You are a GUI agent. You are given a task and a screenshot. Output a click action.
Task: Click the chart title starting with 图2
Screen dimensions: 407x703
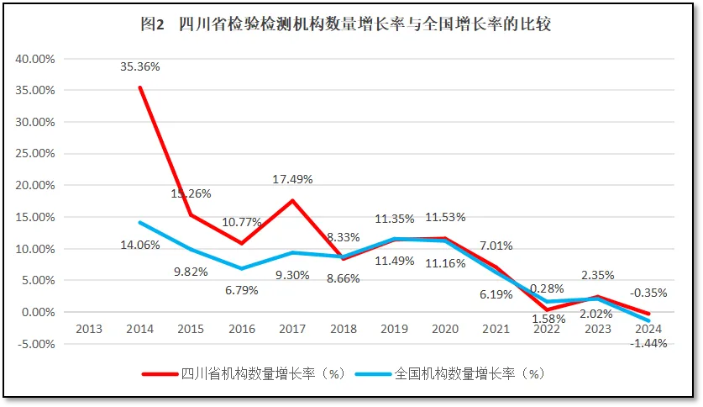pyautogui.click(x=345, y=25)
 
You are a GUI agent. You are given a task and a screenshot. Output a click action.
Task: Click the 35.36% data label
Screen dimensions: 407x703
pyautogui.click(x=140, y=66)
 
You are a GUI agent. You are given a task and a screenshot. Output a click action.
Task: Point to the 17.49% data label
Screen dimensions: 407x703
pyautogui.click(x=293, y=179)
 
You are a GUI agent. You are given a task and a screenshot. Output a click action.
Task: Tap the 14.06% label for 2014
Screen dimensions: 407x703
pyautogui.click(x=140, y=246)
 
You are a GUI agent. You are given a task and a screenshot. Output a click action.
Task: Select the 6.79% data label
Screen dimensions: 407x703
pyautogui.click(x=241, y=290)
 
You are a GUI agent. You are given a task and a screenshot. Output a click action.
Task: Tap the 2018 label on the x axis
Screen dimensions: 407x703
pyautogui.click(x=344, y=329)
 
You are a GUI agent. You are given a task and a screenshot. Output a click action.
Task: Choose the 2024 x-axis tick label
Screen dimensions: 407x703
pyautogui.click(x=649, y=329)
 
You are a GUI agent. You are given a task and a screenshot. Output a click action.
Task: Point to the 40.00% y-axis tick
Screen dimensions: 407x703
pyautogui.click(x=34, y=59)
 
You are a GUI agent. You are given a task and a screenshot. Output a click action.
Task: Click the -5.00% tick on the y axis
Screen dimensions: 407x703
pyautogui.click(x=34, y=344)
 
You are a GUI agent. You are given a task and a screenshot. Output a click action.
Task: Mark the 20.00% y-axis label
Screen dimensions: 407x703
pyautogui.click(x=34, y=185)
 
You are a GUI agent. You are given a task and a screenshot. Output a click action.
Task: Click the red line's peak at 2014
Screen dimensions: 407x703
pyautogui.click(x=139, y=87)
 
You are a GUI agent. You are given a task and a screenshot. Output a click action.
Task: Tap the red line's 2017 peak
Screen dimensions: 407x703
pyautogui.click(x=292, y=200)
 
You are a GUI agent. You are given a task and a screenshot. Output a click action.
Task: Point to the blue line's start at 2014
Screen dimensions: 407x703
pyautogui.click(x=139, y=222)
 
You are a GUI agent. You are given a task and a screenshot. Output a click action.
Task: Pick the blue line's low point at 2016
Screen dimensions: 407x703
pyautogui.click(x=241, y=268)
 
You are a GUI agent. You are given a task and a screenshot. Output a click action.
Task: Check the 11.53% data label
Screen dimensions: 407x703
pyautogui.click(x=445, y=218)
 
